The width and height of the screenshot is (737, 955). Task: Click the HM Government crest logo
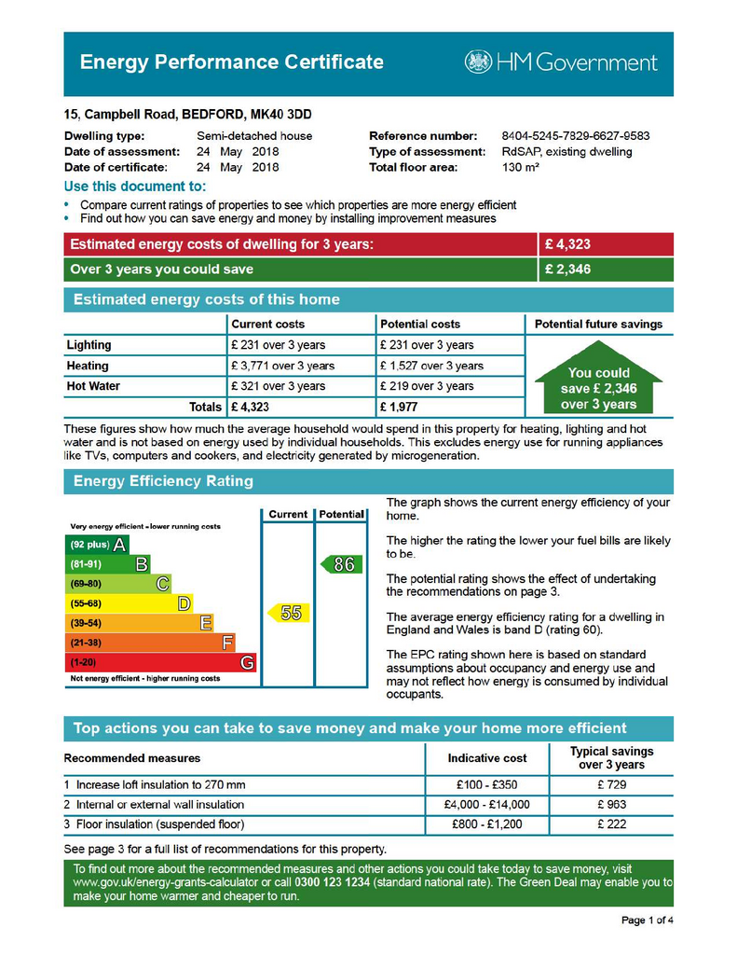point(479,62)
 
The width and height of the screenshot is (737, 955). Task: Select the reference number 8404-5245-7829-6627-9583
point(575,135)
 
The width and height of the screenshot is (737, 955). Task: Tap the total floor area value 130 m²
point(521,168)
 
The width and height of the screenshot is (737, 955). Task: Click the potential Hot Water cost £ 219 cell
point(427,386)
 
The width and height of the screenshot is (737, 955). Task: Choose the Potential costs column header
point(420,324)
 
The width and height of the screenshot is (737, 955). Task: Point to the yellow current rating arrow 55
point(287,613)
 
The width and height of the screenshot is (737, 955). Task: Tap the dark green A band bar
point(96,545)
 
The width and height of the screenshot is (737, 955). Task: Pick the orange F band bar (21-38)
point(149,643)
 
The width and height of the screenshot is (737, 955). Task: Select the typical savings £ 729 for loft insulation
point(611,784)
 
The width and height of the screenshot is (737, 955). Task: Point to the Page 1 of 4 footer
point(647,920)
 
